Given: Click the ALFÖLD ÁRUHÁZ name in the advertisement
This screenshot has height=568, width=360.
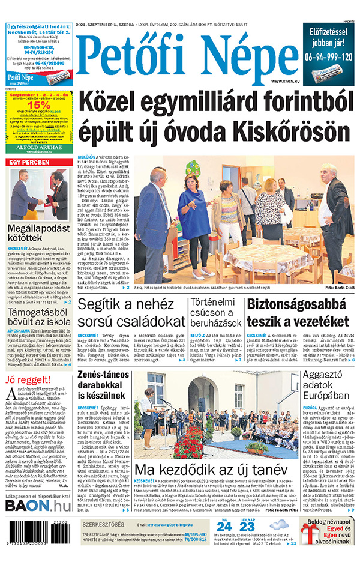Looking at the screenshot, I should click(38, 144).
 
